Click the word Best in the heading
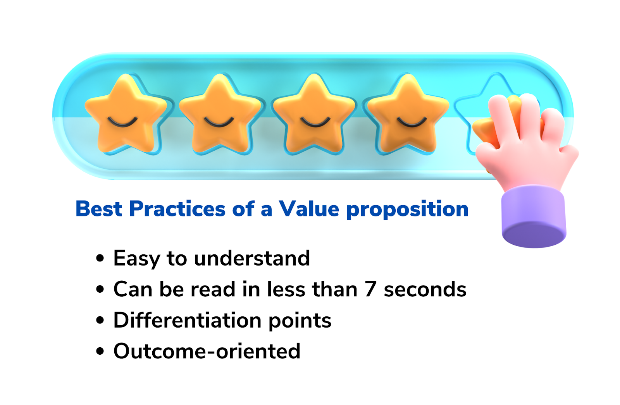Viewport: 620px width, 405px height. pyautogui.click(x=99, y=209)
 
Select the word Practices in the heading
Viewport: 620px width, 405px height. pyautogui.click(x=177, y=209)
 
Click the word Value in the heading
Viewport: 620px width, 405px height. pyautogui.click(x=308, y=209)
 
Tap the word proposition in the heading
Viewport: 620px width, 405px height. pyautogui.click(x=407, y=210)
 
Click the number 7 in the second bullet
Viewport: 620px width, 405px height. pyautogui.click(x=370, y=289)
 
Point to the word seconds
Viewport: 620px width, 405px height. pyautogui.click(x=425, y=289)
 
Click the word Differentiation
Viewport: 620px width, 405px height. pyautogui.click(x=188, y=320)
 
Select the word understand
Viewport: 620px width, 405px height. pyautogui.click(x=252, y=258)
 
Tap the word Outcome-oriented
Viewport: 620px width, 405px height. pyautogui.click(x=207, y=351)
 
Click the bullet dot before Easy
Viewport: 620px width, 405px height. pyautogui.click(x=100, y=258)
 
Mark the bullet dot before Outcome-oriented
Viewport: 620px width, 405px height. pyautogui.click(x=100, y=351)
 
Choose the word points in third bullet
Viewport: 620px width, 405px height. pyautogui.click(x=300, y=321)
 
